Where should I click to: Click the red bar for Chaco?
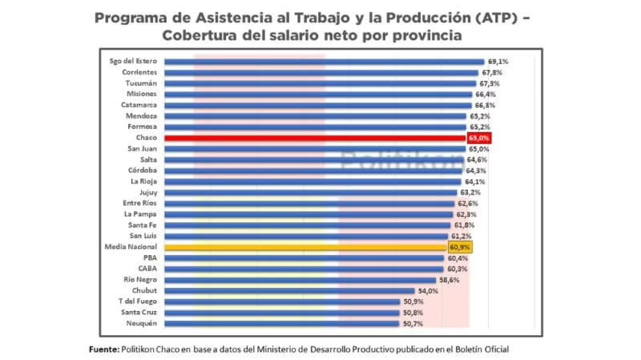[x=315, y=138]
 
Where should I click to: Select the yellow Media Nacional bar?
[x=306, y=247]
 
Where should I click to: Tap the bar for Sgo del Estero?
[x=324, y=62]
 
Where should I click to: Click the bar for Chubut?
[x=289, y=291]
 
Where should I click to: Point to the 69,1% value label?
[x=498, y=62]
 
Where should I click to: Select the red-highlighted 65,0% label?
[x=479, y=138]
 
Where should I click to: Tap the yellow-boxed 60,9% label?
[x=460, y=247]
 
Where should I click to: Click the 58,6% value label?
[x=449, y=280]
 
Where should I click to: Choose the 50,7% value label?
[x=413, y=324]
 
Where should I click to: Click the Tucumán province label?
[x=141, y=83]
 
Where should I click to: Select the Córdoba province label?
[x=142, y=170]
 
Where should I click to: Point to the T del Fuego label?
[x=137, y=302]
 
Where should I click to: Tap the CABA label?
[x=147, y=269]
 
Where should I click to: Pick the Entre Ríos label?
[x=139, y=203]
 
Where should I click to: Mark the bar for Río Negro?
[x=300, y=280]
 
